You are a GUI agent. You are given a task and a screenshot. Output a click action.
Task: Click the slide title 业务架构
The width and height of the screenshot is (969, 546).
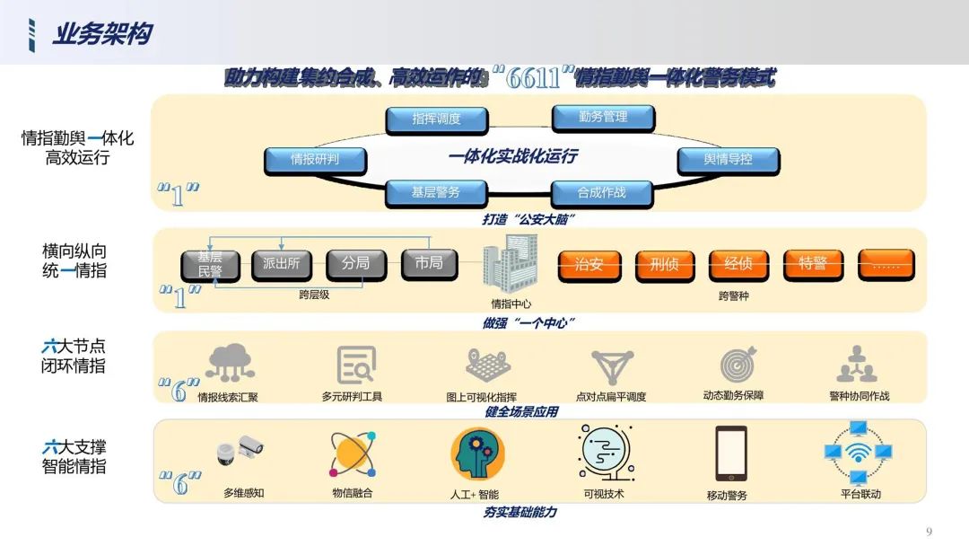pos(101,34)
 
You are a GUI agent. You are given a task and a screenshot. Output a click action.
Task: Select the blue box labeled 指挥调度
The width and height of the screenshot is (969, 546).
pos(436,119)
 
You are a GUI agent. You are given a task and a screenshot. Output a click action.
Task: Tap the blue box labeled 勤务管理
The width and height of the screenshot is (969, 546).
pos(603,117)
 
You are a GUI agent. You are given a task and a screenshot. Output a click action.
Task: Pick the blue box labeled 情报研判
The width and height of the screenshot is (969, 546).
pos(315,160)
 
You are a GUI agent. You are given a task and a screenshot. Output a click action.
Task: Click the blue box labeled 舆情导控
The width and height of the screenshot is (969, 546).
pos(728,160)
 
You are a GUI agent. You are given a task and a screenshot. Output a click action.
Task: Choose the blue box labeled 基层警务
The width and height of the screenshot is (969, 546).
pos(436,192)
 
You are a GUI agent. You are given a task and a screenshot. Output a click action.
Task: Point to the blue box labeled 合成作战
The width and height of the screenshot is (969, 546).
pos(601,192)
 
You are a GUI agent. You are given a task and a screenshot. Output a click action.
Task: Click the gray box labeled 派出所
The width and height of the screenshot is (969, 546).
pos(282,264)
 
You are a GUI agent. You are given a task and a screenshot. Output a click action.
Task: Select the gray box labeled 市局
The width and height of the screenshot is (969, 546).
pos(429,263)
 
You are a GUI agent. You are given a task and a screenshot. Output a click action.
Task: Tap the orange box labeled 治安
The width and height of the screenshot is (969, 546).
pos(589,265)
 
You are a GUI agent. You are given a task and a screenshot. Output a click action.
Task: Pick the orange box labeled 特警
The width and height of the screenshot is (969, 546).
pos(813,264)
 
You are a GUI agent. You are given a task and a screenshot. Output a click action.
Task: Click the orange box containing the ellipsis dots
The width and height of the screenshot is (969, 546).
pos(886,265)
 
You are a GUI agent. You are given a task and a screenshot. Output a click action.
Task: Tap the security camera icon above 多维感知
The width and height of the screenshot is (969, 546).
pos(240,451)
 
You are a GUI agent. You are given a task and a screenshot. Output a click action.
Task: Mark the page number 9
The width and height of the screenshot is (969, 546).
pos(929,531)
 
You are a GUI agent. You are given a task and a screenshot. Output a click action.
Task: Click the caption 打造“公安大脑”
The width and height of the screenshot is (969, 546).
pos(528,219)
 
